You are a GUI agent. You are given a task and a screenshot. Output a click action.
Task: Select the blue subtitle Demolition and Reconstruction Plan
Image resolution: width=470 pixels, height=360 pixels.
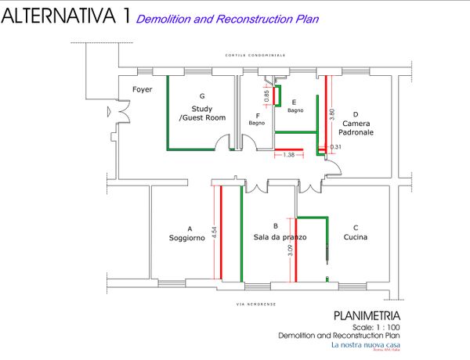(x=227, y=18)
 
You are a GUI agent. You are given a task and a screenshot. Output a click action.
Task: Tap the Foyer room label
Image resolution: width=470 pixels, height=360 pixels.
(x=142, y=89)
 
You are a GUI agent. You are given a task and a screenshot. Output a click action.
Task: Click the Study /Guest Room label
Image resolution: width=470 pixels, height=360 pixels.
(x=202, y=113)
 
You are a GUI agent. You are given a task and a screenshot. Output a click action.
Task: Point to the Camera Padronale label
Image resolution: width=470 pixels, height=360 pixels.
(x=362, y=128)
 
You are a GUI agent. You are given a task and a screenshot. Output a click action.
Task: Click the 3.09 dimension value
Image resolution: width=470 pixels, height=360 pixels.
(x=290, y=251)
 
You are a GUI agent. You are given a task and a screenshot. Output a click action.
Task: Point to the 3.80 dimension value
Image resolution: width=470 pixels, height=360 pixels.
(x=332, y=117)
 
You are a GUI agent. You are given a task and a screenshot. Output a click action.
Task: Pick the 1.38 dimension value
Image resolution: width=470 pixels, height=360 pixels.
(x=288, y=155)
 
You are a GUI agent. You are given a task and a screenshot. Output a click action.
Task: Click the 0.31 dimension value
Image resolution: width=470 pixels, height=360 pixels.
(x=336, y=147)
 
